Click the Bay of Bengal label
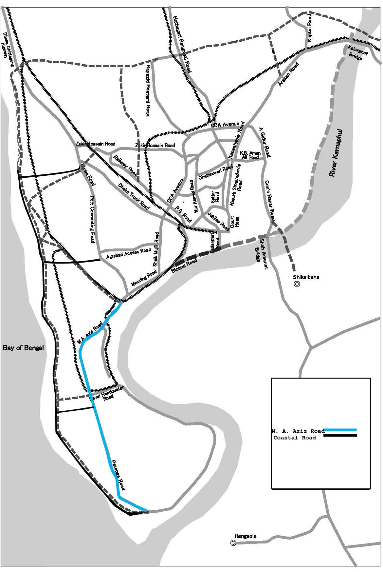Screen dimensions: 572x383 click(23, 348)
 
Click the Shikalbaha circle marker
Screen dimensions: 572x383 click(297, 284)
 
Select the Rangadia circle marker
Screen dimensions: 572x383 click(233, 543)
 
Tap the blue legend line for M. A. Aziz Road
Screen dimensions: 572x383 click(340, 429)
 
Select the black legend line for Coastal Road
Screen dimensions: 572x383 click(340, 435)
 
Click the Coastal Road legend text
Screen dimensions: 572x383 click(295, 438)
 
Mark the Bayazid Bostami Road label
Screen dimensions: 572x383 click(148, 90)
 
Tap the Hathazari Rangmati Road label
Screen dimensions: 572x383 click(182, 44)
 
